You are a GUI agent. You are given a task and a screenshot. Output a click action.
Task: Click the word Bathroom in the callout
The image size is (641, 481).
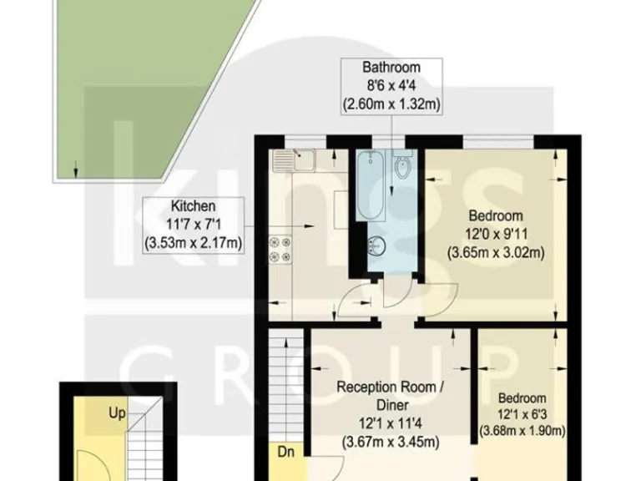(391, 67)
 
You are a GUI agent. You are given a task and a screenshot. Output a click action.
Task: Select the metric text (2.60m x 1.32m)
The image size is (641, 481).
(391, 104)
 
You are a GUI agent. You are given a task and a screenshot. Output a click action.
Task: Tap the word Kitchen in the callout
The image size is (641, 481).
(194, 205)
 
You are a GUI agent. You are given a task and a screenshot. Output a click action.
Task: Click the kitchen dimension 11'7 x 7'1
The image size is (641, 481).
(194, 224)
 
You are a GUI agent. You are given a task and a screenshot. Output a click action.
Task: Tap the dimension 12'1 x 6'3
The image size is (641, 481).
(523, 415)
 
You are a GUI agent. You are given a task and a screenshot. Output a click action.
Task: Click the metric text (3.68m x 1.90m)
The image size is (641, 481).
(523, 431)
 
